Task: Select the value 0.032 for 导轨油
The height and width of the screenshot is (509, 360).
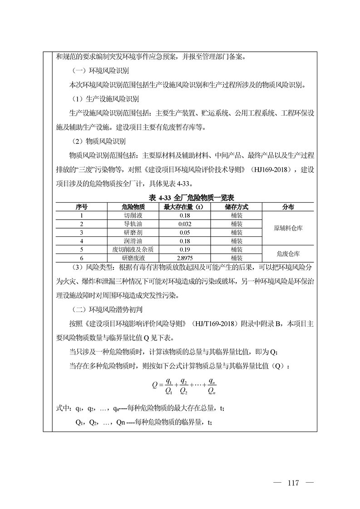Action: pyautogui.click(x=184, y=224)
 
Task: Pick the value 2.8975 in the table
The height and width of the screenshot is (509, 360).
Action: pyautogui.click(x=184, y=257)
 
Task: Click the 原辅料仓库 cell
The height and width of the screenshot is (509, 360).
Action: pyautogui.click(x=288, y=228)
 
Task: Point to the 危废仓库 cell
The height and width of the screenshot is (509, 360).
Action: pyautogui.click(x=288, y=253)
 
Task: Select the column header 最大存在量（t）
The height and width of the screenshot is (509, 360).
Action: pyautogui.click(x=184, y=207)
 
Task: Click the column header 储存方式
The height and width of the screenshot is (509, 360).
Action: pyautogui.click(x=236, y=207)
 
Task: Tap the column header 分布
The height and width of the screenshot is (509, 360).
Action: pyautogui.click(x=288, y=207)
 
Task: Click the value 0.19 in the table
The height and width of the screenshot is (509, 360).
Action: pyautogui.click(x=184, y=249)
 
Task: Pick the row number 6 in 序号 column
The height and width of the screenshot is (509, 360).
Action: pyautogui.click(x=82, y=257)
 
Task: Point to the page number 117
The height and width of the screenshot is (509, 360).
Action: pyautogui.click(x=293, y=483)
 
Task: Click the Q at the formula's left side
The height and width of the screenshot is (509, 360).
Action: pyautogui.click(x=155, y=385)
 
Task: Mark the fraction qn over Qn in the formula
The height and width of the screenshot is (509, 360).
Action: pyautogui.click(x=211, y=385)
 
